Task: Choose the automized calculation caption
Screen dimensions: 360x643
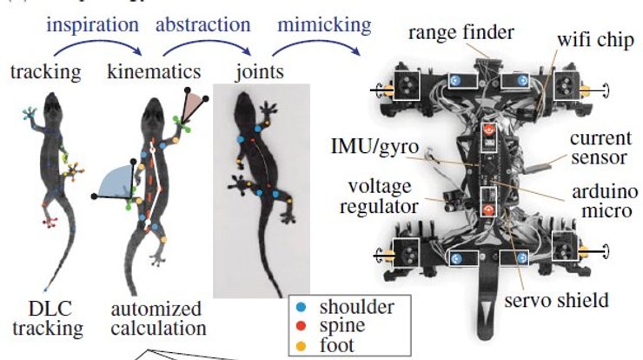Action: (159, 318)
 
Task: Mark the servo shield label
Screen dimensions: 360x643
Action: (554, 303)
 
